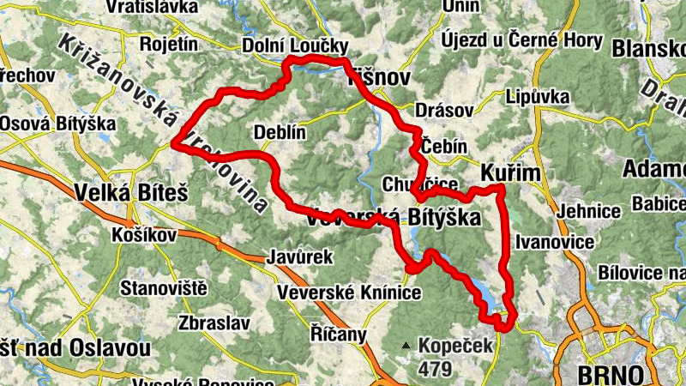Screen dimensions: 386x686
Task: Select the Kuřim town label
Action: click(511, 172)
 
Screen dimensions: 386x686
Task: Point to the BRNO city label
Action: click(611, 375)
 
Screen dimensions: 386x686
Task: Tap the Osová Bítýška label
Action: click(57, 124)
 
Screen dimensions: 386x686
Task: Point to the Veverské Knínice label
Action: click(349, 293)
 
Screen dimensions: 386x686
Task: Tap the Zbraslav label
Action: click(214, 323)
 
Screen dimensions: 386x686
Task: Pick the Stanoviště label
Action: click(165, 287)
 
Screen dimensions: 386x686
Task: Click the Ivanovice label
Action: click(555, 243)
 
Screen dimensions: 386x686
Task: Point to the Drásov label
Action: click(443, 111)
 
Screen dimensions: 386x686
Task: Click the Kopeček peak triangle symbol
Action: click(406, 346)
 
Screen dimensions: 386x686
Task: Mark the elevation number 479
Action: click(436, 370)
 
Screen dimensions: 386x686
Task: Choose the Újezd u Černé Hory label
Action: click(508, 40)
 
